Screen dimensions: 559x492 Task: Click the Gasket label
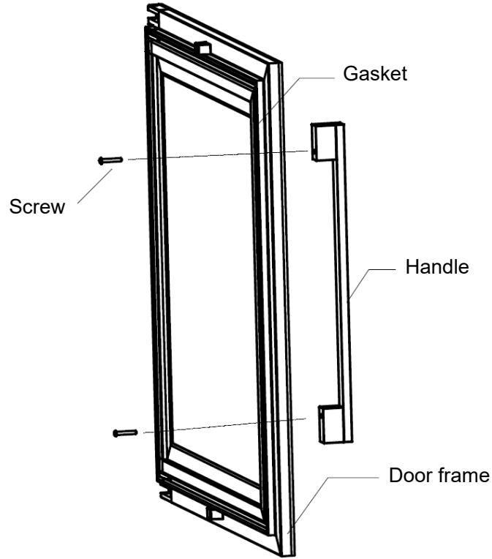pyautogui.click(x=376, y=75)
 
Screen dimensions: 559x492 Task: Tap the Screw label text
pyautogui.click(x=37, y=206)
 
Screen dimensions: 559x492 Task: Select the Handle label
pyautogui.click(x=436, y=267)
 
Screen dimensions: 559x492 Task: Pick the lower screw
pyautogui.click(x=125, y=433)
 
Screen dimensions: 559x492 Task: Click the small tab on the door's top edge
pyautogui.click(x=202, y=49)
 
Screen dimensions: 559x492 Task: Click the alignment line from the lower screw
pyautogui.click(x=219, y=426)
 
